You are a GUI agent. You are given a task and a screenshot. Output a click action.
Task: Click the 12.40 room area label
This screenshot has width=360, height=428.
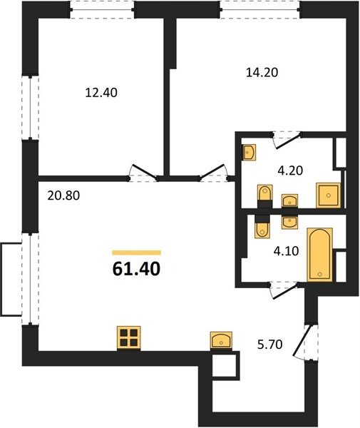pyautogui.click(x=101, y=93)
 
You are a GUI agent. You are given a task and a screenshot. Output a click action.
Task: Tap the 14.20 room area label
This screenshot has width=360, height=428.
pyautogui.click(x=262, y=73)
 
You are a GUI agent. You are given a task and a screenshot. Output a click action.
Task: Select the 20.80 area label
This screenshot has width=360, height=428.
pyautogui.click(x=63, y=195)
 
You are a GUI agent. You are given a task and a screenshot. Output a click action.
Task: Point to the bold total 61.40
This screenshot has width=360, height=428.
pyautogui.click(x=136, y=269)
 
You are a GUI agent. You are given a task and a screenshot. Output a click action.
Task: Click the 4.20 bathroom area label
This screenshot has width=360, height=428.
pyautogui.click(x=290, y=171)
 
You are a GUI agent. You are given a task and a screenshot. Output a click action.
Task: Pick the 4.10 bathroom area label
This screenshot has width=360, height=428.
pyautogui.click(x=286, y=251)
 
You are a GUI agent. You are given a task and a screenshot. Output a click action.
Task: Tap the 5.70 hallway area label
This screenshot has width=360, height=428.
pyautogui.click(x=269, y=345)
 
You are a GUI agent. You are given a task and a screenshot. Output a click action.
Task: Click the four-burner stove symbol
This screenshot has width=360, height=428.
pyautogui.click(x=129, y=338)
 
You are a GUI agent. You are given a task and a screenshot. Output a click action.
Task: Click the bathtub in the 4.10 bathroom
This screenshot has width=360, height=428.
pyautogui.click(x=320, y=255)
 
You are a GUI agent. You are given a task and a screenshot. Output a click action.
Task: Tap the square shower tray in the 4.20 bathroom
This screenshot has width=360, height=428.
pyautogui.click(x=329, y=195)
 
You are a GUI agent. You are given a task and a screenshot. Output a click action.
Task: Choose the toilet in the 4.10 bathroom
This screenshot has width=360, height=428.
pyautogui.click(x=262, y=226)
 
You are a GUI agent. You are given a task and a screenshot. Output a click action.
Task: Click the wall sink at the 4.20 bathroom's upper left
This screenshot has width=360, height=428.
pyautogui.click(x=249, y=153)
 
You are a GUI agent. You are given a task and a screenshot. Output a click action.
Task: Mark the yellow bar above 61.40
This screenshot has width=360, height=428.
pyautogui.click(x=137, y=253)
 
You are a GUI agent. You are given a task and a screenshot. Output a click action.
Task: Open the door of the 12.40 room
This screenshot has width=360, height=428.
pyautogui.click(x=143, y=173)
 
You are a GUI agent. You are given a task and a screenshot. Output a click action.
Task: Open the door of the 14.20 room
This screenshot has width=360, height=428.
pyautogui.click(x=213, y=173)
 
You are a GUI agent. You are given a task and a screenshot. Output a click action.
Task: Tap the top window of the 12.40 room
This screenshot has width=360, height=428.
pyautogui.click(x=102, y=10)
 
